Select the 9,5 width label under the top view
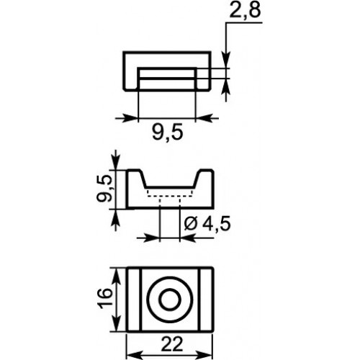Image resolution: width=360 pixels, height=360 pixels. click(168, 132)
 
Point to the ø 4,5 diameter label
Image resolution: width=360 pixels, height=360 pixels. click(207, 224)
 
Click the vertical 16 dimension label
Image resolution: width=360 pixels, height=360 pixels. click(105, 299)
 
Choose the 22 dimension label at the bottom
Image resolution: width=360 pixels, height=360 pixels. click(172, 345)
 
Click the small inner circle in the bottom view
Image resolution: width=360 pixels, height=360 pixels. click(170, 300)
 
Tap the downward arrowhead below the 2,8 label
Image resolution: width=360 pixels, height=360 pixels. click(226, 59)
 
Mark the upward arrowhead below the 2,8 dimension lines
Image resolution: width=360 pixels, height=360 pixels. click(226, 87)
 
